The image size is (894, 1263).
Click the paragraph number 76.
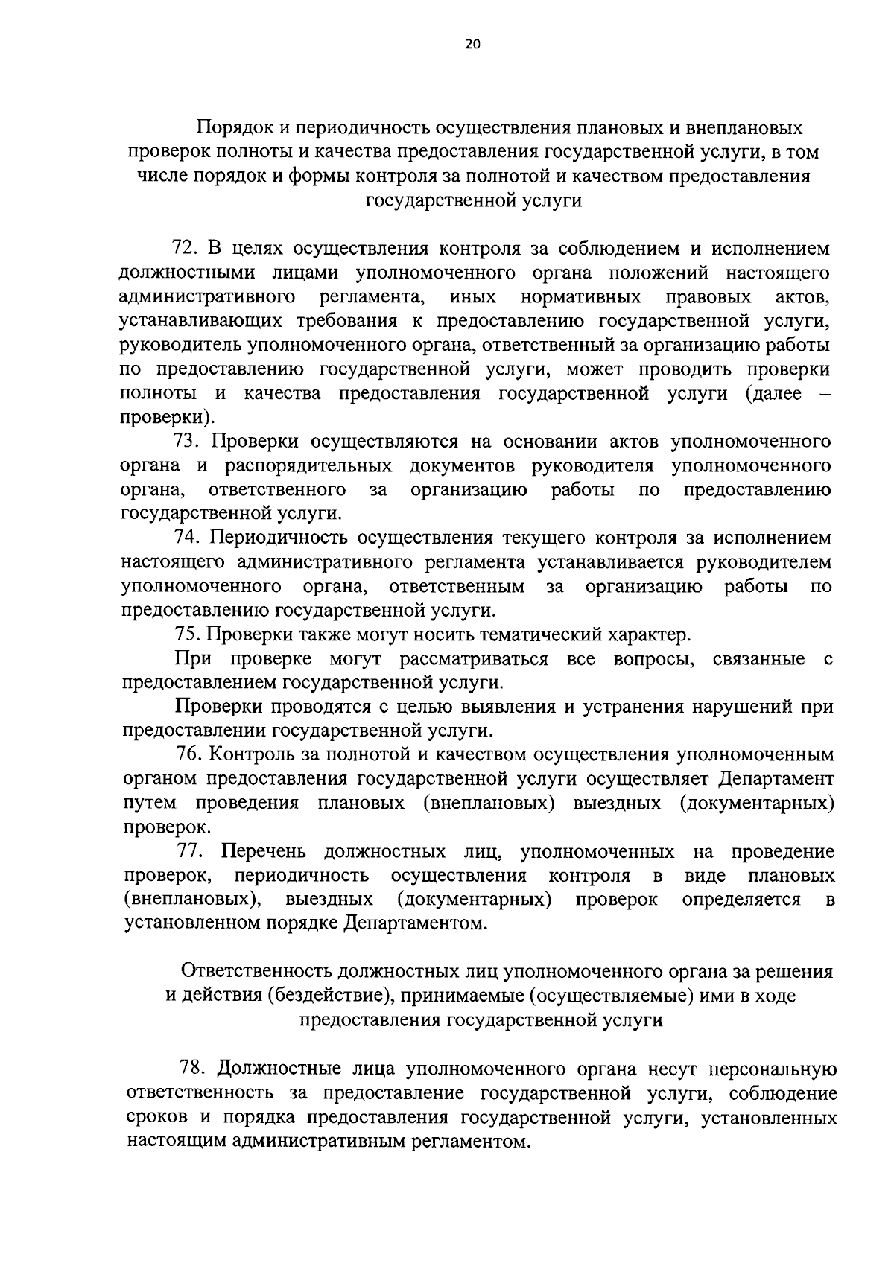189,754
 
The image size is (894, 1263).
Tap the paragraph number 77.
191,851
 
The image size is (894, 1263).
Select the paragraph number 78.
192,1069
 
